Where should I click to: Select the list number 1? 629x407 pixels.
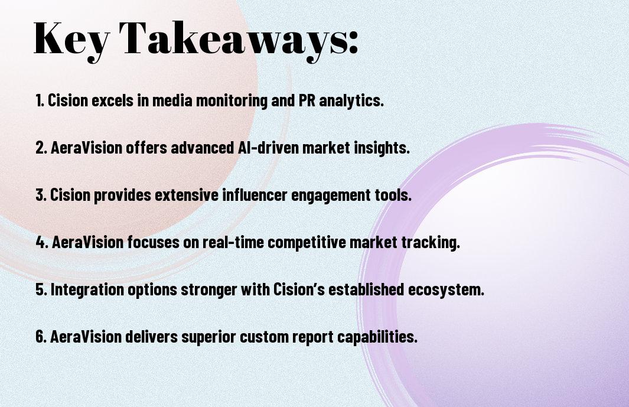pos(40,100)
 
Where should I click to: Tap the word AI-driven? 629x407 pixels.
pos(266,147)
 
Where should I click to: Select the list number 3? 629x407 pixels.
pos(41,195)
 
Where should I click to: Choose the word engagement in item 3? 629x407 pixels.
pos(331,196)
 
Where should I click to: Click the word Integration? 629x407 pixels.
pos(87,290)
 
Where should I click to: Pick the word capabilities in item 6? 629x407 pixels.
pos(377,337)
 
